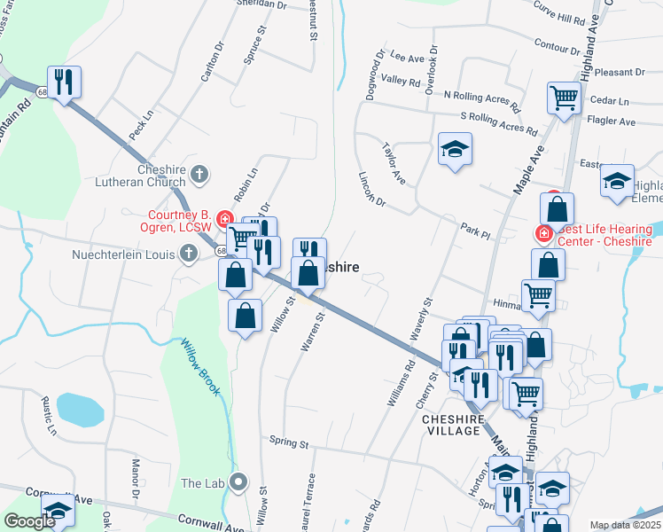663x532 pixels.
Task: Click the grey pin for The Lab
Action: [238, 482]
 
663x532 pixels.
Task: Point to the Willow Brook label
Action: [199, 365]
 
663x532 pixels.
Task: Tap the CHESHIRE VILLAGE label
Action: [453, 426]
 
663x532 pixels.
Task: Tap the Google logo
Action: [30, 522]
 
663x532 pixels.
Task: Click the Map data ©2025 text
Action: [625, 525]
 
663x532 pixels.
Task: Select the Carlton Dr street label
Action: [210, 62]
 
